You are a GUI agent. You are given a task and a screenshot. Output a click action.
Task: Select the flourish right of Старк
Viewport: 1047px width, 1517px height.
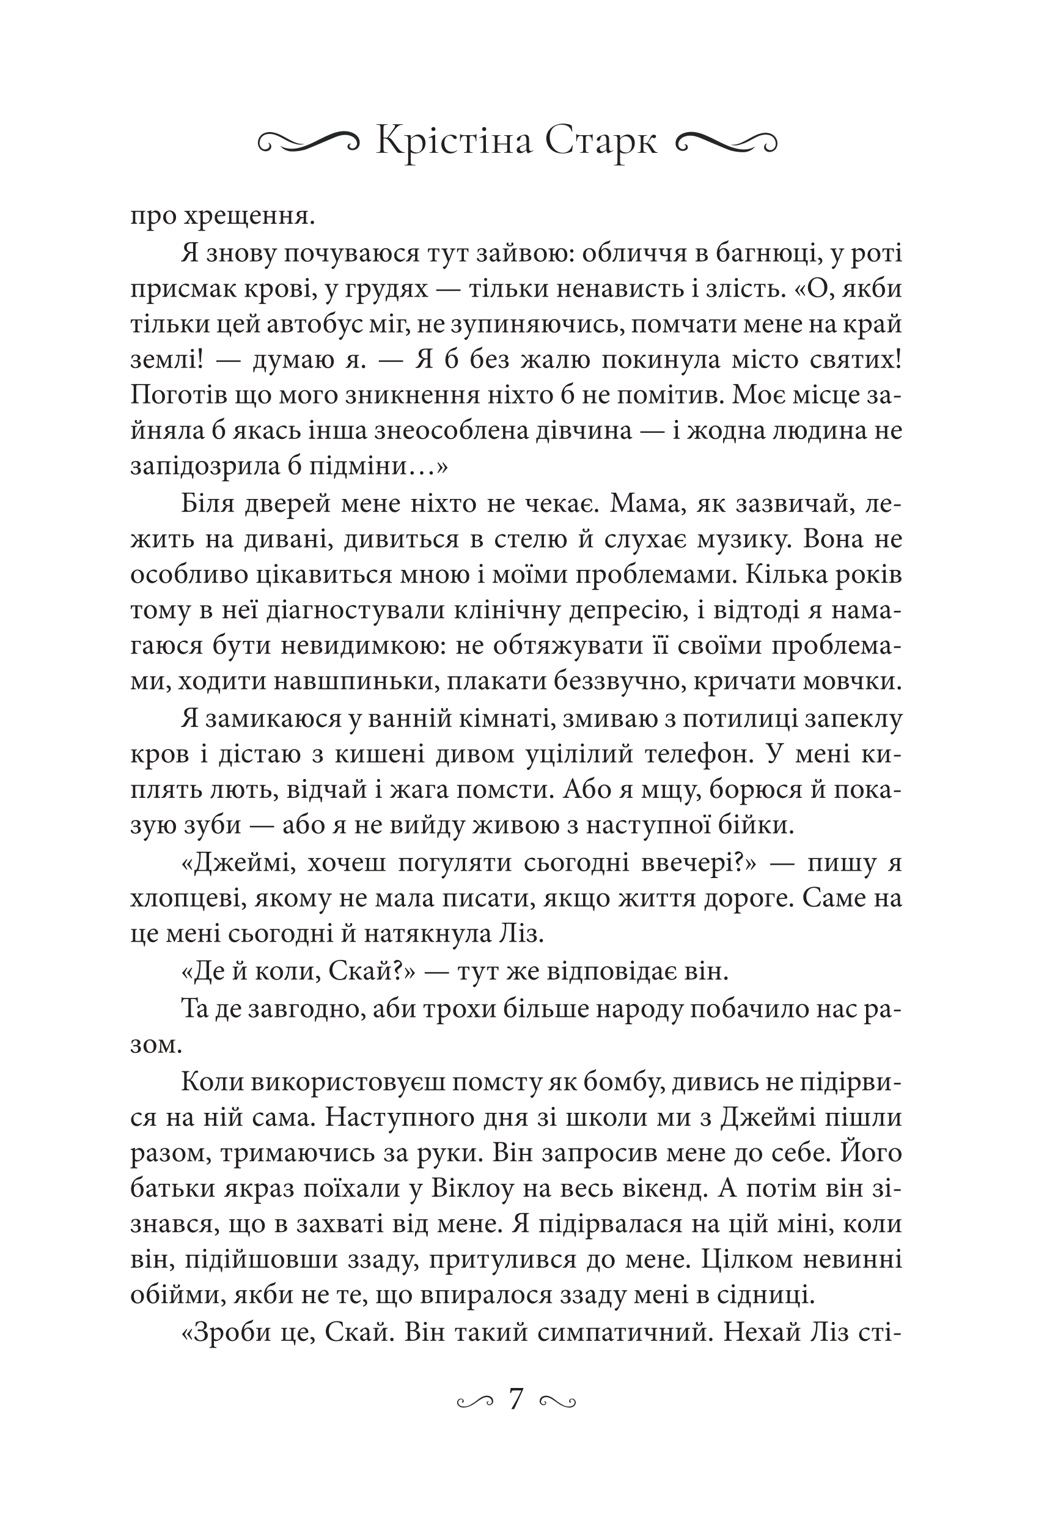pyautogui.click(x=726, y=141)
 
